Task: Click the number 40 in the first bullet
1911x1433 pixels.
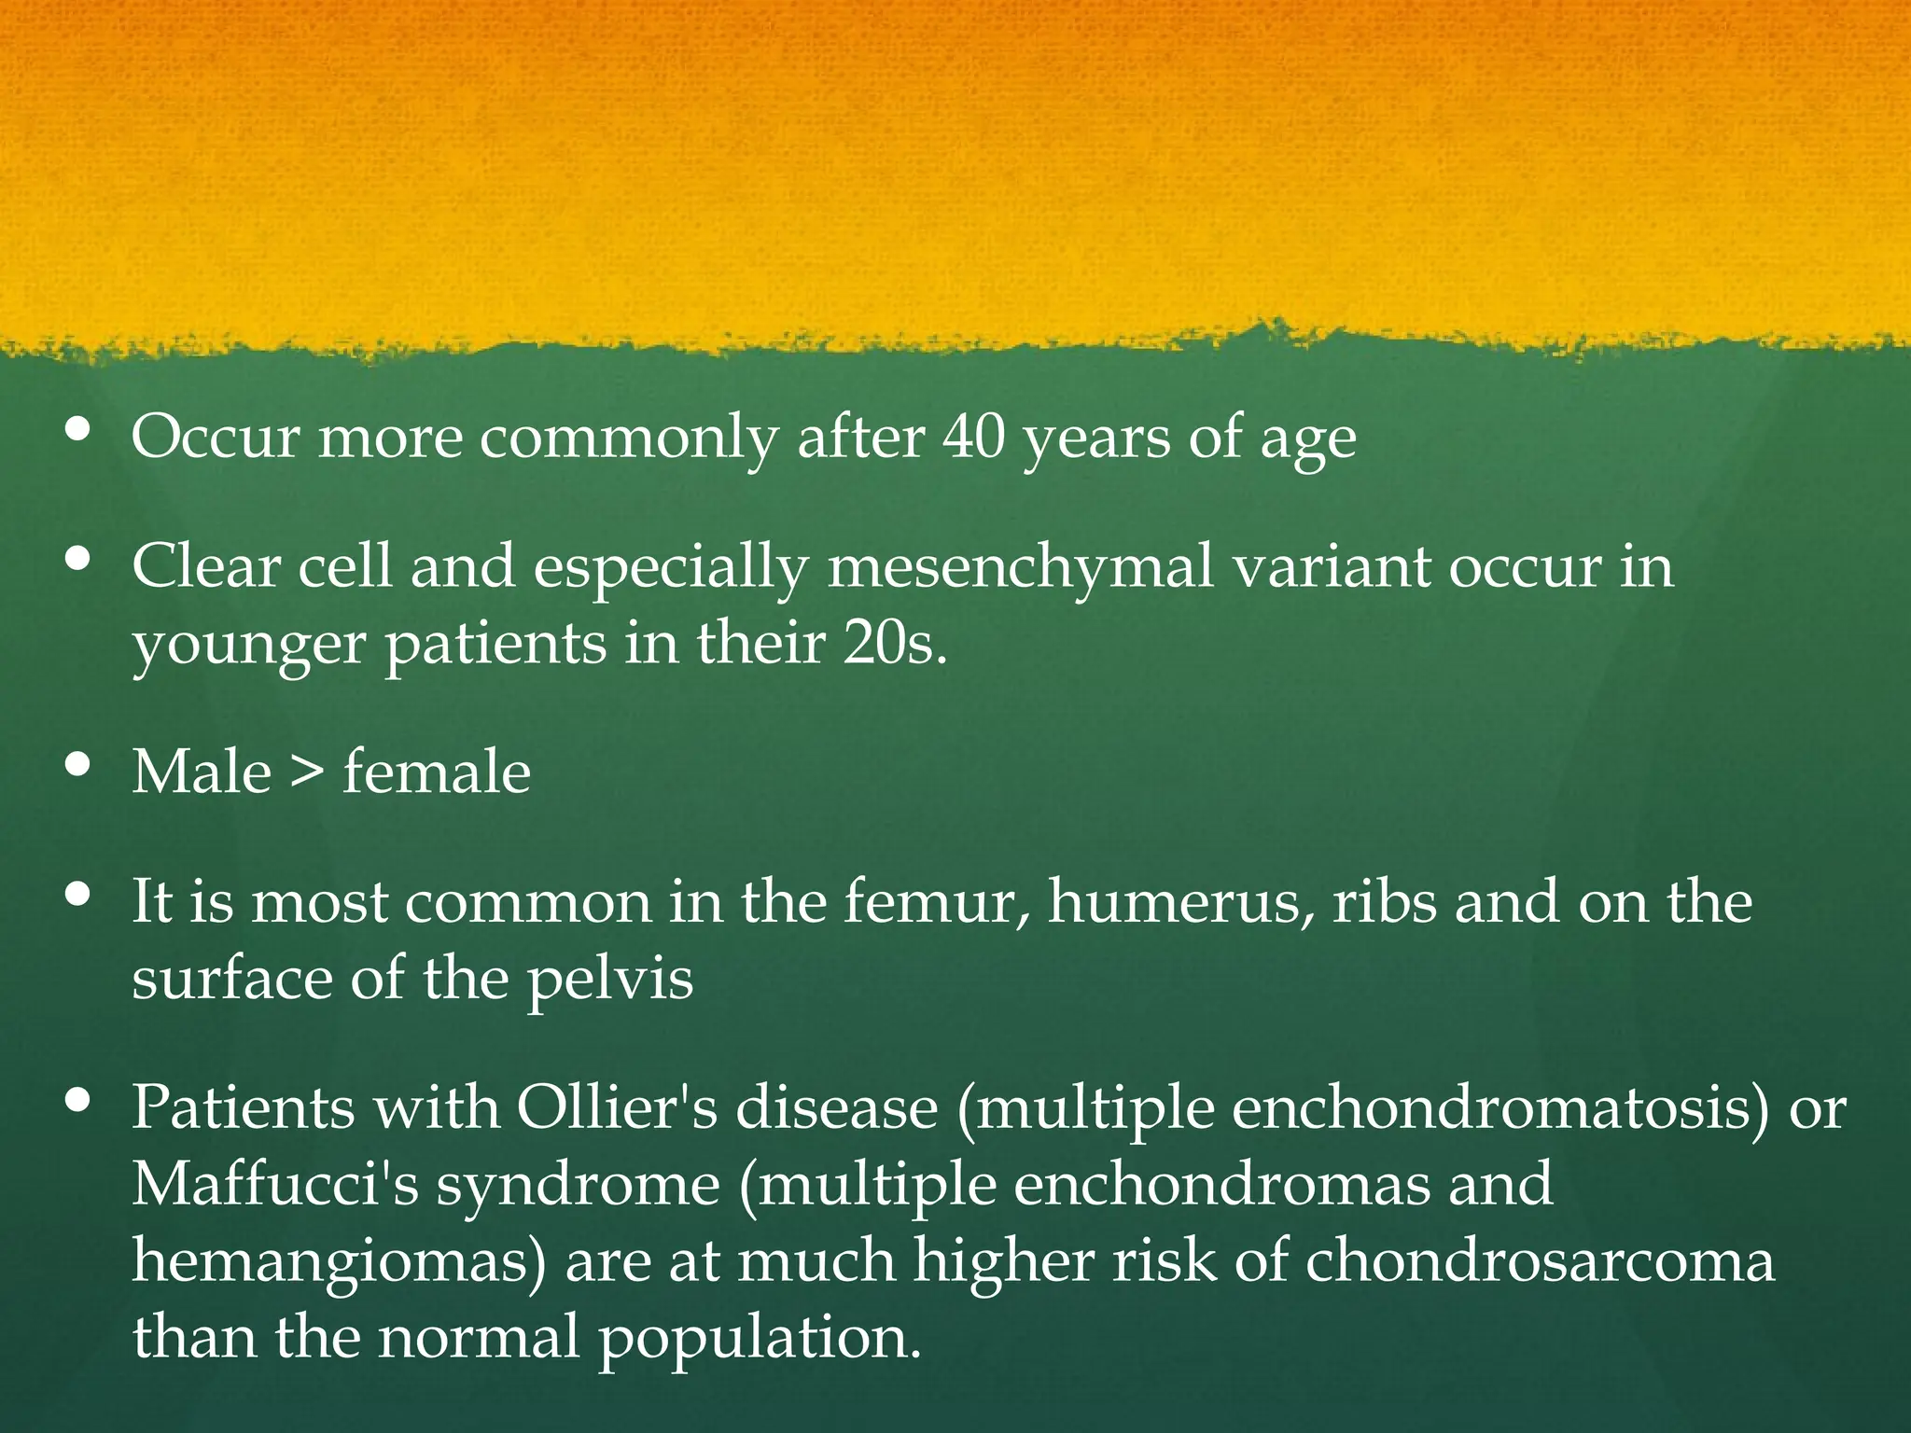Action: pos(974,437)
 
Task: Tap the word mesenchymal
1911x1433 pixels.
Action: pos(1020,566)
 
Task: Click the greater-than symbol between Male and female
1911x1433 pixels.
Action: pos(307,773)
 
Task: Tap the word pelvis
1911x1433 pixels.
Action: pos(610,980)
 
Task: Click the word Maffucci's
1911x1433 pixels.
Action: pos(275,1185)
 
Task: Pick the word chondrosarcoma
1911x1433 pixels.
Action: pos(1539,1261)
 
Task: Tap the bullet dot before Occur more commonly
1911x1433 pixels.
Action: pos(79,429)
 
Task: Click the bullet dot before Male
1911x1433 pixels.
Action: pos(79,765)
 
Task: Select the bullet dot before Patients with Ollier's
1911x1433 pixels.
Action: pos(79,1101)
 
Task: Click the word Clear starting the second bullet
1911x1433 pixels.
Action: pos(206,566)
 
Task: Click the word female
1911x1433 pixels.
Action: pos(437,773)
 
